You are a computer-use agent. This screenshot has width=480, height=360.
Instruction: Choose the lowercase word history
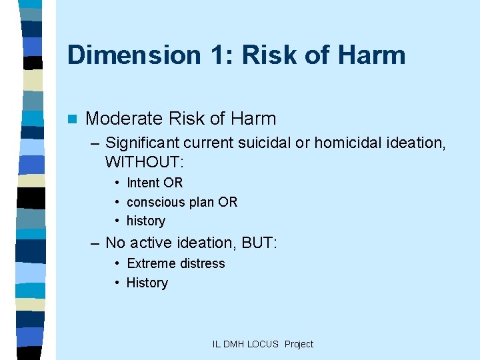click(x=146, y=221)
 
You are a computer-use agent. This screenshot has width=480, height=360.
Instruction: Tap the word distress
click(x=201, y=263)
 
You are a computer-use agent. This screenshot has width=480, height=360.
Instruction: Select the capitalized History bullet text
click(x=147, y=283)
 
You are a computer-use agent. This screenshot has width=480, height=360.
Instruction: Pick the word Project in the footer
click(x=299, y=344)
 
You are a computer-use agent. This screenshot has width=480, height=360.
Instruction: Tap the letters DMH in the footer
click(x=234, y=344)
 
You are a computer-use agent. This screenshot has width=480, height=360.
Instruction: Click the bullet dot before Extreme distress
click(x=117, y=263)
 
